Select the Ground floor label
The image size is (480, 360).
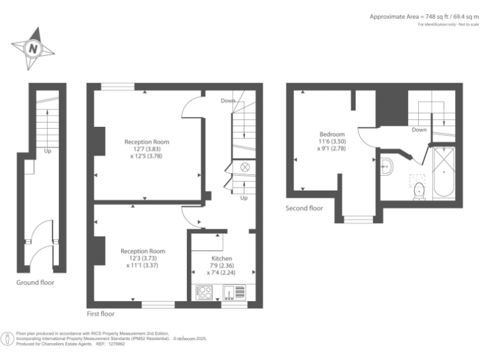point(35,282)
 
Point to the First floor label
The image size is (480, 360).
point(101,313)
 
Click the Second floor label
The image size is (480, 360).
point(304,208)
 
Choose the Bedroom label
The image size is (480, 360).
point(332,134)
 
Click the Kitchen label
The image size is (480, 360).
point(222,258)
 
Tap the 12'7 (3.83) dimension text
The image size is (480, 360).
point(146,149)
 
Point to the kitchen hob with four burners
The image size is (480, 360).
point(204,292)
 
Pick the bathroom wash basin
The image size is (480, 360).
point(386,166)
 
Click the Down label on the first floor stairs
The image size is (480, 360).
point(228,101)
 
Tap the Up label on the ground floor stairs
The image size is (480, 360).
point(47,151)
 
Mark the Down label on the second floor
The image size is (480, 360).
point(419,130)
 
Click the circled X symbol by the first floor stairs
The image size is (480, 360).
point(244,167)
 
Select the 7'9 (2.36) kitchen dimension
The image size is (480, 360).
point(221,266)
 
